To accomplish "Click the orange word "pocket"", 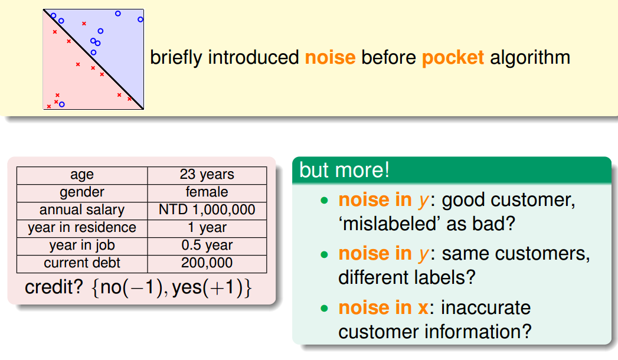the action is click(x=453, y=57).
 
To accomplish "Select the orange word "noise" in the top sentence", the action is click(x=331, y=57).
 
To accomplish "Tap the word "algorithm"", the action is click(x=530, y=57).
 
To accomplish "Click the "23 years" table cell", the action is click(x=207, y=174).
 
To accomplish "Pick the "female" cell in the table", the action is click(x=207, y=192).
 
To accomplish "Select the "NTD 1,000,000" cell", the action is click(x=207, y=210).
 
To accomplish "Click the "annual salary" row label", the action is click(x=82, y=210).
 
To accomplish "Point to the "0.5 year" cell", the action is click(x=207, y=245).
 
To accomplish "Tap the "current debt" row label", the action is click(x=82, y=263).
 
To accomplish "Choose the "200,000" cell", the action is click(x=207, y=263).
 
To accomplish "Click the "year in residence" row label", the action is click(x=82, y=227).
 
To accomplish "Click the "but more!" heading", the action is click(x=345, y=170).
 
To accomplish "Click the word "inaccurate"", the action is click(x=486, y=307).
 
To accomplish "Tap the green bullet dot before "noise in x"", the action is click(x=325, y=309).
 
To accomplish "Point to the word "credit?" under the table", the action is click(x=54, y=287).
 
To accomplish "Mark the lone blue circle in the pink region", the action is click(x=62, y=104).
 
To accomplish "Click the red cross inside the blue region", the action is click(x=84, y=24).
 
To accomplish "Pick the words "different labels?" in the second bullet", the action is click(x=407, y=277).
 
